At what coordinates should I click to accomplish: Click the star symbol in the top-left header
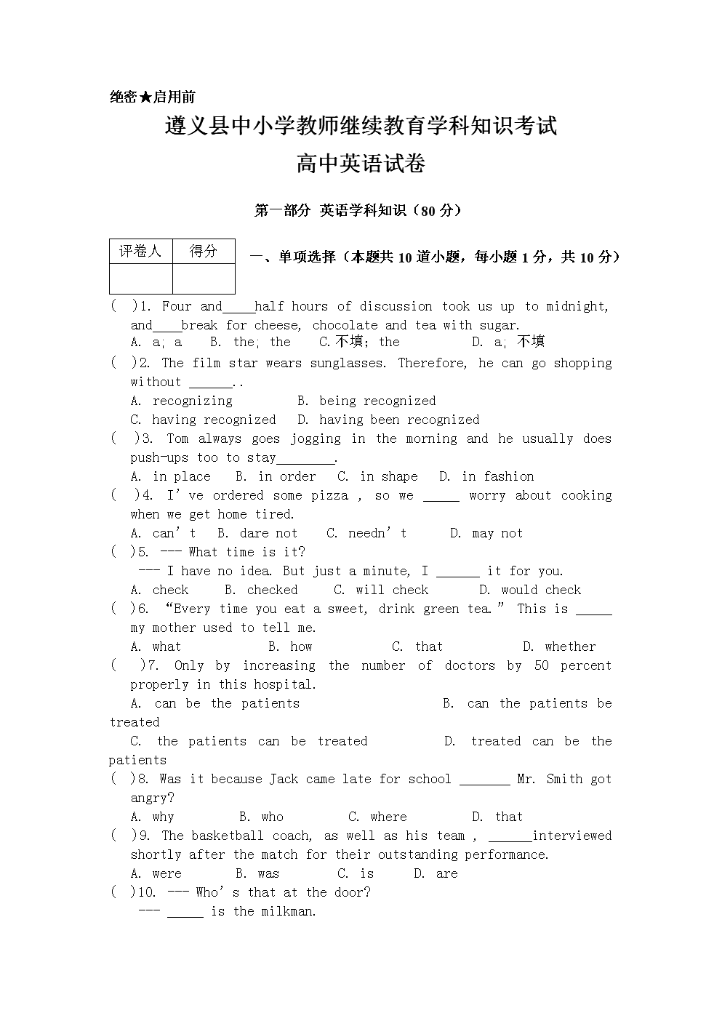coord(145,97)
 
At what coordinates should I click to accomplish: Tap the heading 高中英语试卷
coord(361,164)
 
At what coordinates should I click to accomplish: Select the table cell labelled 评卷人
coord(140,251)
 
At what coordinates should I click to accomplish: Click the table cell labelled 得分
coord(204,251)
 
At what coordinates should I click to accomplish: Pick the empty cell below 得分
coord(204,279)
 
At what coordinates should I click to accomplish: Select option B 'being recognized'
coord(366,401)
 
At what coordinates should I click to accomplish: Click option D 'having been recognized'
coord(388,420)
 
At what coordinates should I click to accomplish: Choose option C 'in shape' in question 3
coord(378,476)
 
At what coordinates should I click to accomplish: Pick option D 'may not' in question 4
coord(486,533)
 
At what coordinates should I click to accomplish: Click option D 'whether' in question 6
coord(559,646)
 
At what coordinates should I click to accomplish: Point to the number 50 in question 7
coord(542,665)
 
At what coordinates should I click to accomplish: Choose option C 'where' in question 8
coord(377,817)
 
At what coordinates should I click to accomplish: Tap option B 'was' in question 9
coord(257,873)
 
